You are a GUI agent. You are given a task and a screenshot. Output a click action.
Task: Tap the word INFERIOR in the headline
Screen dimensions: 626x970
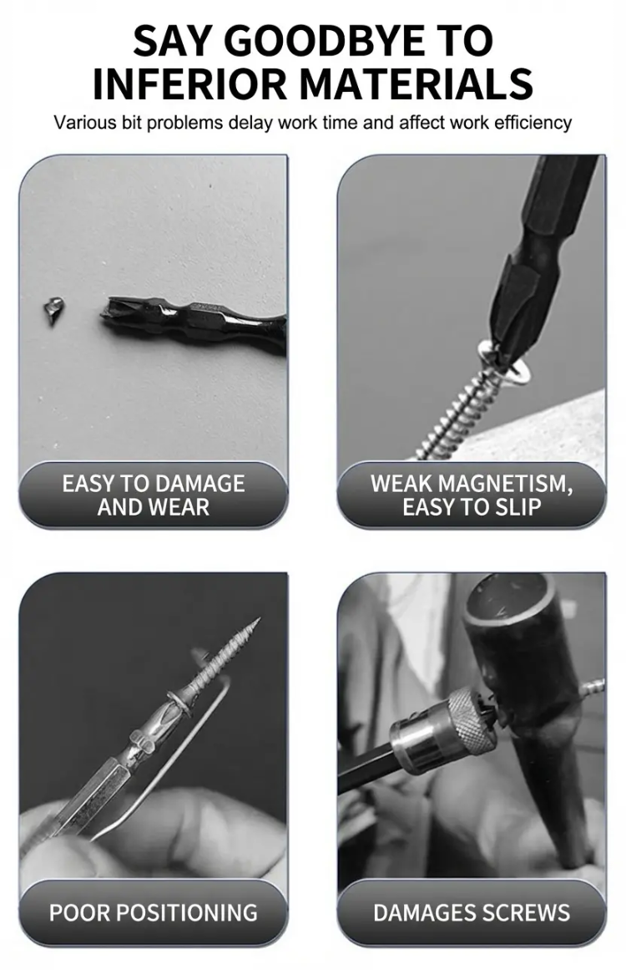(189, 84)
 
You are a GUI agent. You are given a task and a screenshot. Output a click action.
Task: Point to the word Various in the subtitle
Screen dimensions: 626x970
(78, 123)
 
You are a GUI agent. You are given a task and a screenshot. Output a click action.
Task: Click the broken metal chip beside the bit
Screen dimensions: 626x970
(53, 308)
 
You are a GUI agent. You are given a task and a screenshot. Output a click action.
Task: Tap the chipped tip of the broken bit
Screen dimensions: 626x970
(110, 311)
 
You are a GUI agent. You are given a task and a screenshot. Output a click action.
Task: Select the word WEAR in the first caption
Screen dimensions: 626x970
(179, 508)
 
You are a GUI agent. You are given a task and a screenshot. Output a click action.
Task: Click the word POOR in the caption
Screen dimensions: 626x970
(79, 913)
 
